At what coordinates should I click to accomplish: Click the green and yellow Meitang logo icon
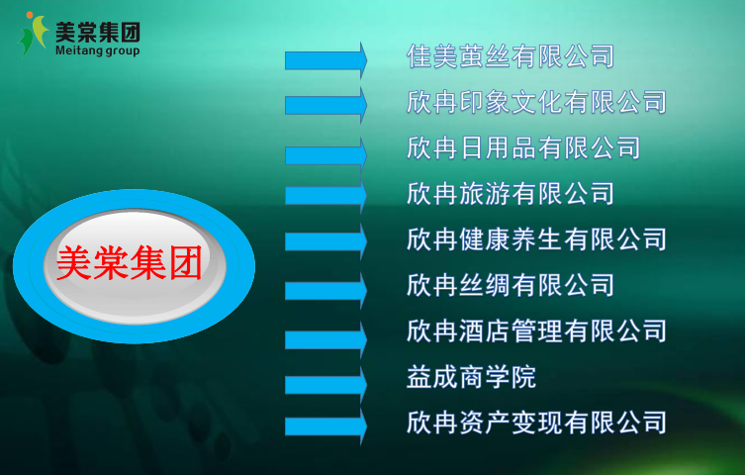[34, 35]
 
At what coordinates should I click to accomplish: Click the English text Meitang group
[97, 50]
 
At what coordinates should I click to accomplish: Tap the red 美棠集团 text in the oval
[130, 262]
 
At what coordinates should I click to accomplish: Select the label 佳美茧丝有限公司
[511, 56]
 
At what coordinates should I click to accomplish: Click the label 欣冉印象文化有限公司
[536, 102]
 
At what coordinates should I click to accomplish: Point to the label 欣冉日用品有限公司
[523, 147]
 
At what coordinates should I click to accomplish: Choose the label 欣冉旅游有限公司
[511, 193]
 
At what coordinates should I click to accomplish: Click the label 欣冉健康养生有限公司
[536, 238]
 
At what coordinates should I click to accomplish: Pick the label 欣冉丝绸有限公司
[511, 285]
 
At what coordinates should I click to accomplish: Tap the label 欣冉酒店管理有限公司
[536, 331]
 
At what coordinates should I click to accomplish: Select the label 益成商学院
[471, 377]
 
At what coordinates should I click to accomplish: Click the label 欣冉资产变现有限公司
[536, 423]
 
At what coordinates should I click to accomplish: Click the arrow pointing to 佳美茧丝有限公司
[326, 60]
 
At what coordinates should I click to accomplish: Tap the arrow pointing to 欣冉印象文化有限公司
[326, 105]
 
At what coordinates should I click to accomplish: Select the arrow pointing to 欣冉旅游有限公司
[326, 195]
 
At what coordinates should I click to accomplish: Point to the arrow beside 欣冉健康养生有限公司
[326, 241]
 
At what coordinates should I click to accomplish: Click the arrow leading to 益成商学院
[326, 385]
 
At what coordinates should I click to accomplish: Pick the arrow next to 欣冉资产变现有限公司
[326, 427]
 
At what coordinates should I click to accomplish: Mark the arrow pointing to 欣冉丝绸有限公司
[326, 290]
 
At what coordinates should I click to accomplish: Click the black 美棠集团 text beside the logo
[97, 33]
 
